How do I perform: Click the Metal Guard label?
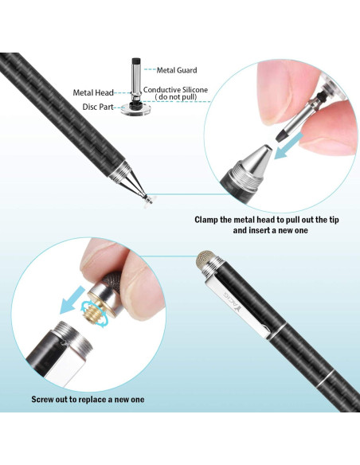[x=177, y=71]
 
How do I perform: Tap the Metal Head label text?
[x=93, y=92]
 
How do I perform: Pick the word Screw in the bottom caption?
[x=46, y=399]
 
